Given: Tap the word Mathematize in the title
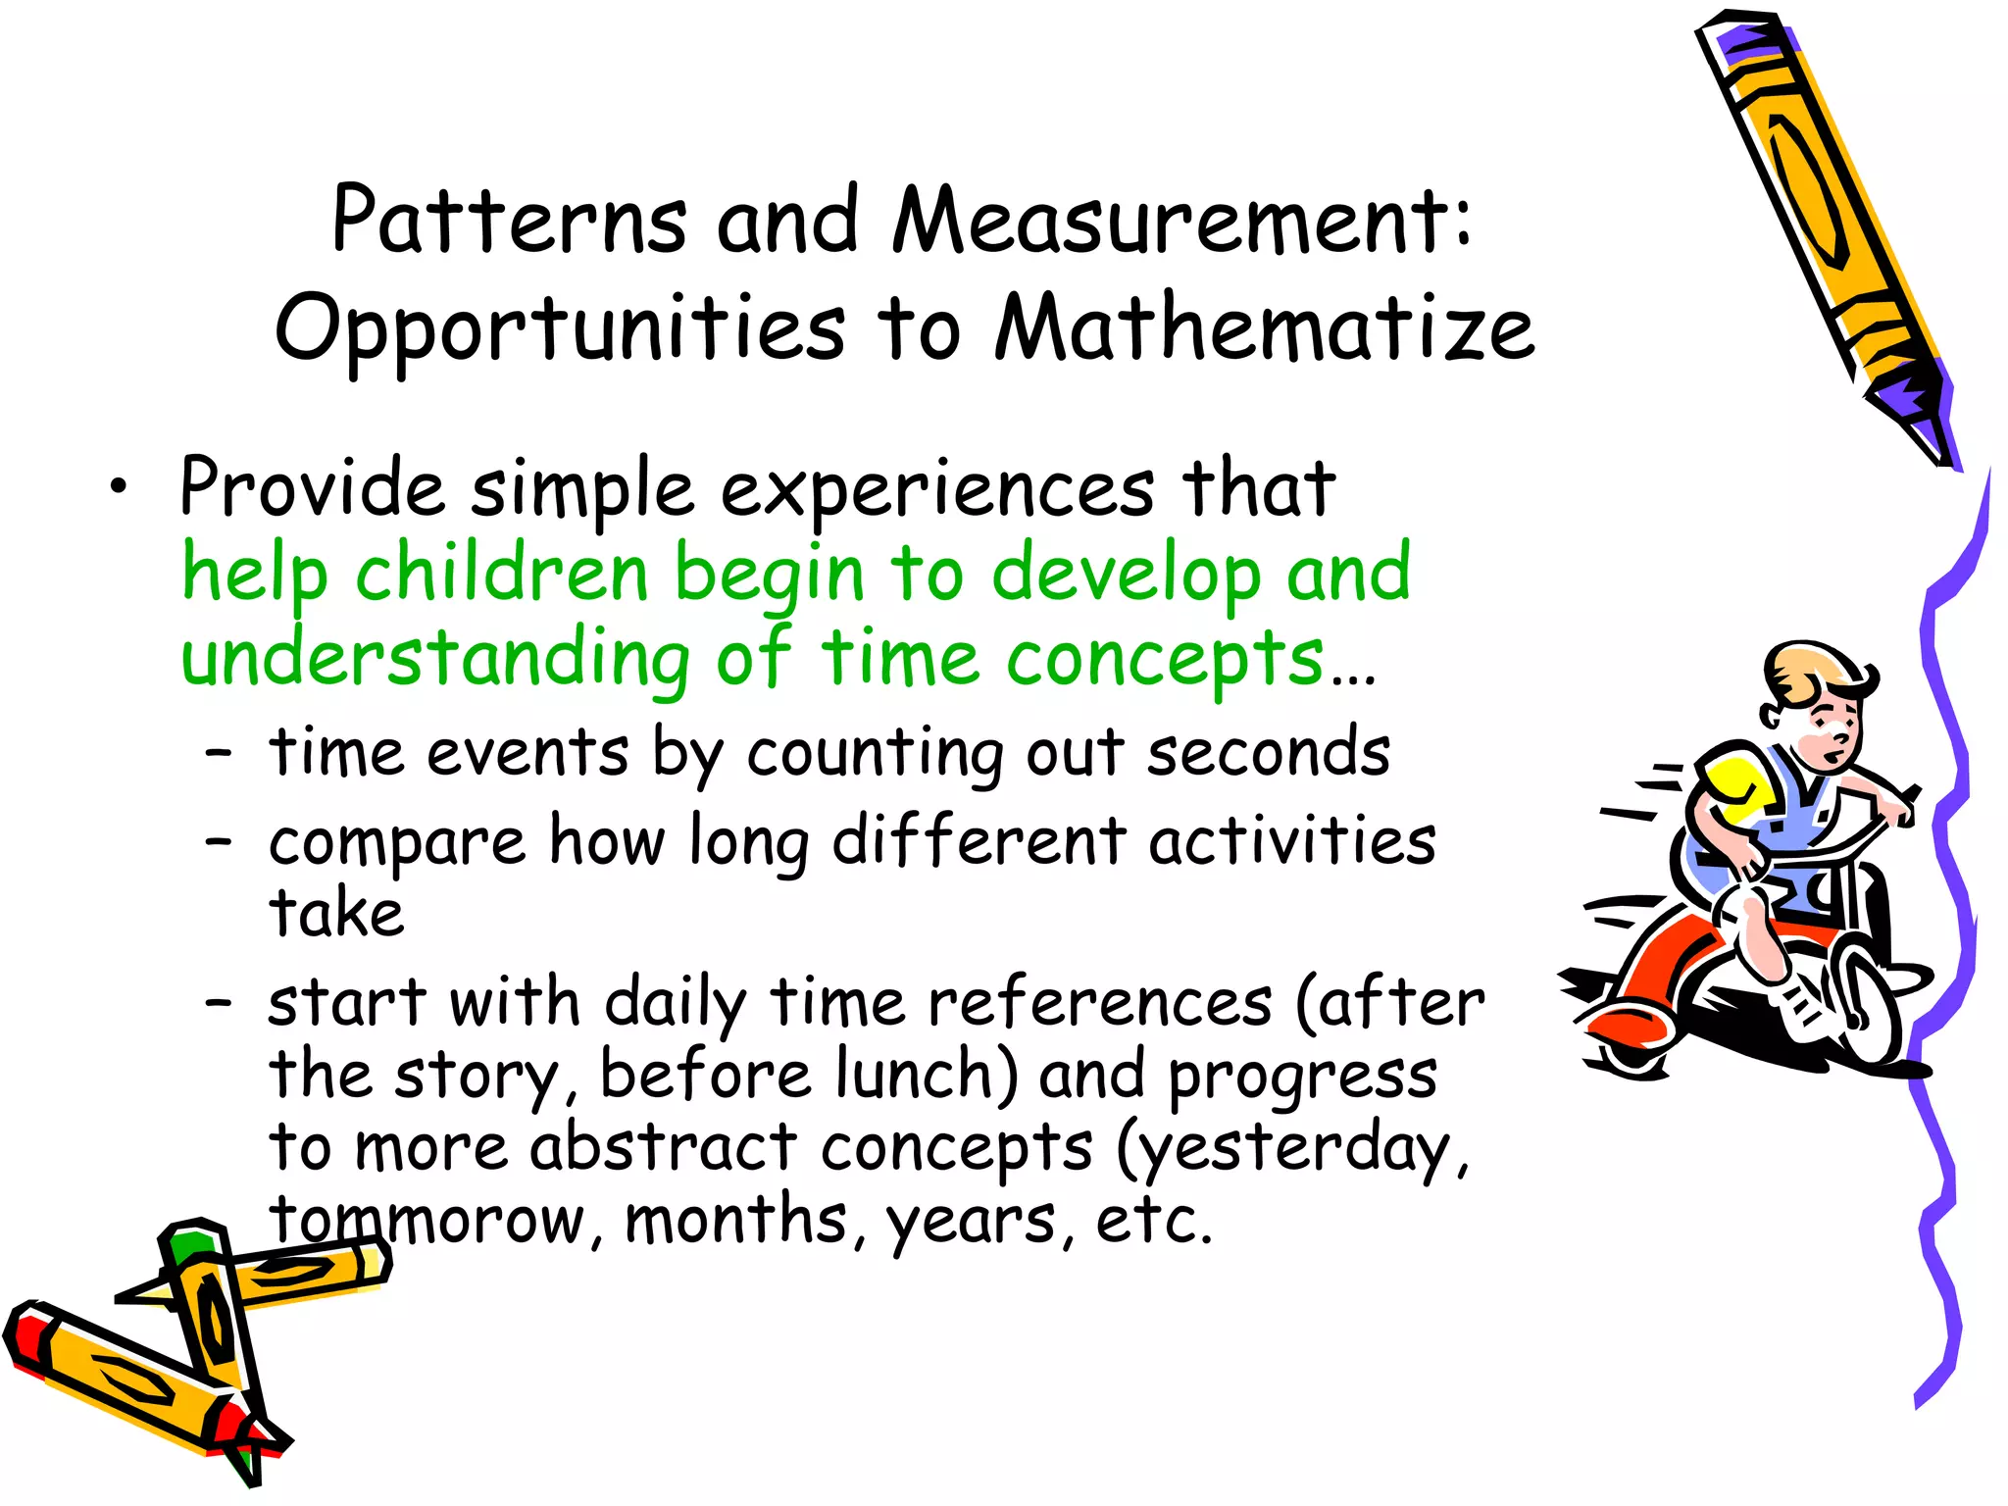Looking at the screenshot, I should tap(1264, 327).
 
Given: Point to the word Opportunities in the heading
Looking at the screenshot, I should tap(559, 329).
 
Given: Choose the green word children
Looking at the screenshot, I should tap(501, 573).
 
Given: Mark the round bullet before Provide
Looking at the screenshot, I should tap(119, 486).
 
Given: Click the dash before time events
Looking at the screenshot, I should tap(219, 753).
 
